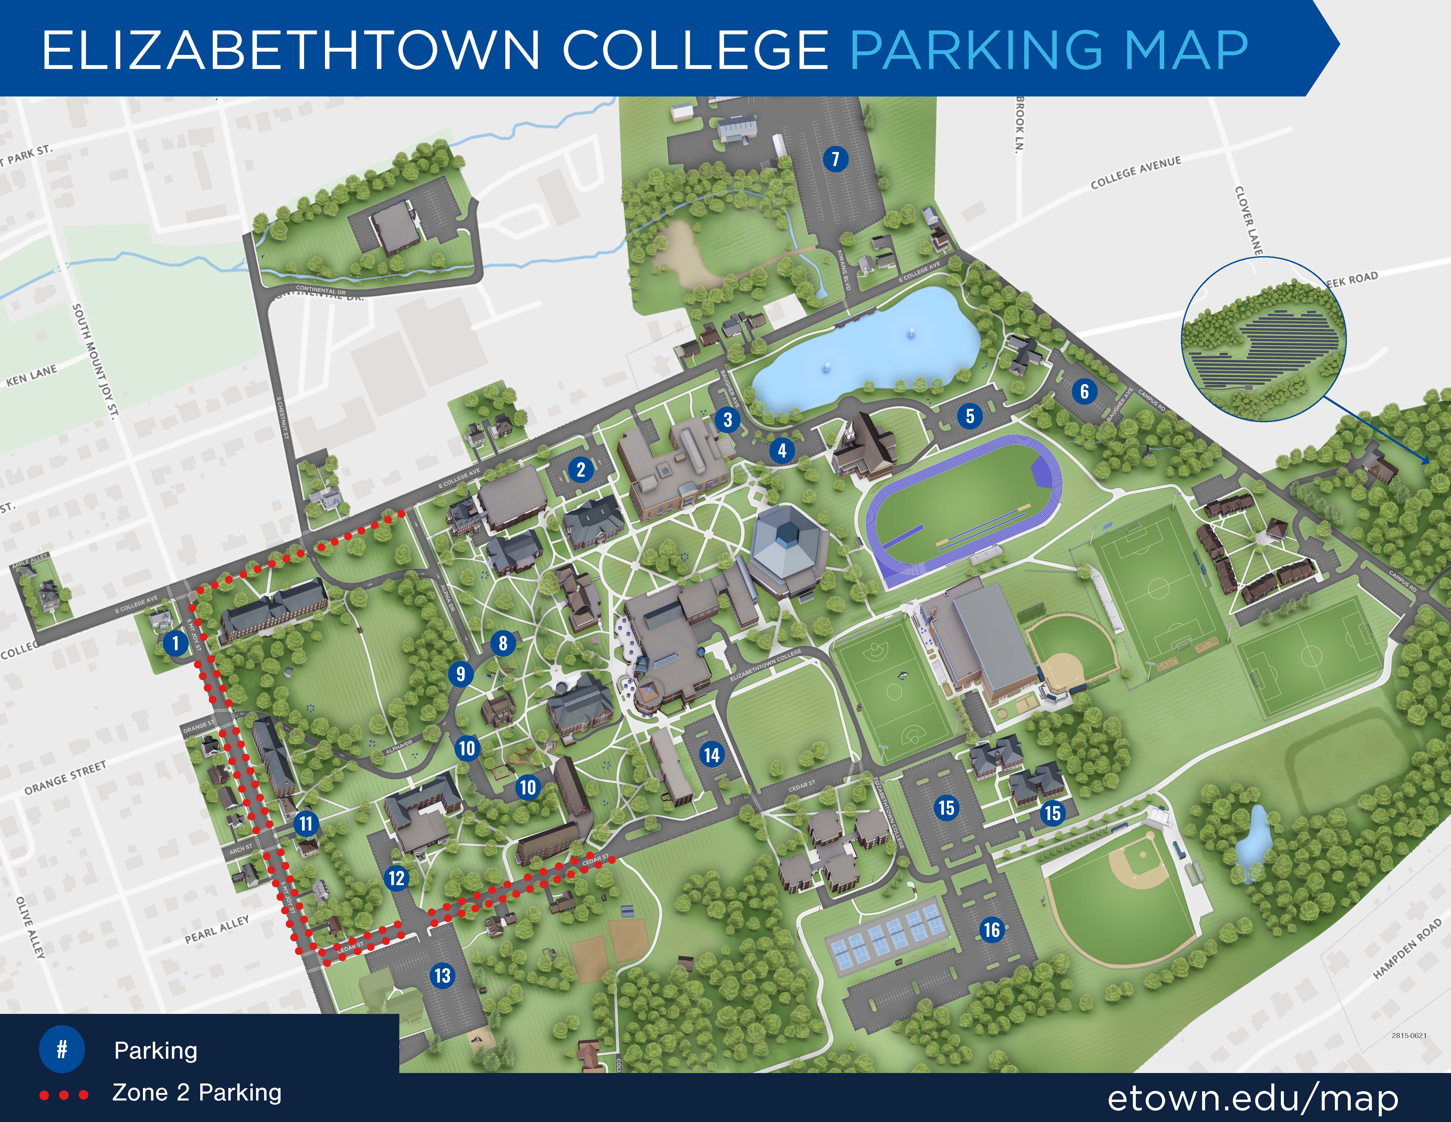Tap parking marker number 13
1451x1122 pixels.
[443, 976]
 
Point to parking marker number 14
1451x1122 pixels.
[711, 755]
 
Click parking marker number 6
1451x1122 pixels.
[1084, 392]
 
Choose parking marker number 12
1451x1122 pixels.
[397, 878]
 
